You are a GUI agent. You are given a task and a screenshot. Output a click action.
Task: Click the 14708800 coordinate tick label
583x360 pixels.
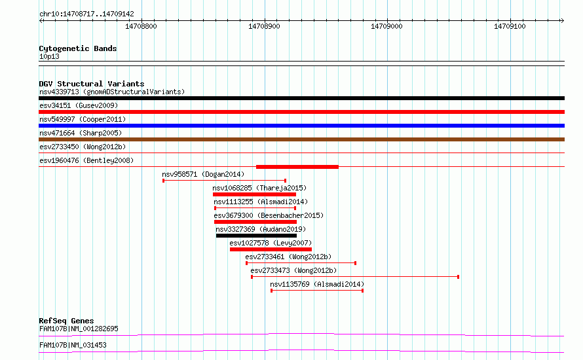(141, 26)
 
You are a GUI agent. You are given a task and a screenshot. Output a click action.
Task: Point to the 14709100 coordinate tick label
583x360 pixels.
(510, 26)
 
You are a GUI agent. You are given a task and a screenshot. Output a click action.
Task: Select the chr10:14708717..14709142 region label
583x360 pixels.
(86, 14)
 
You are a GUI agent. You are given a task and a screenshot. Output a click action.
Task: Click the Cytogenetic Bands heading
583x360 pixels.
(78, 48)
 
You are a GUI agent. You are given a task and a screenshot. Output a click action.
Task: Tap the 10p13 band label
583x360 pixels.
(49, 56)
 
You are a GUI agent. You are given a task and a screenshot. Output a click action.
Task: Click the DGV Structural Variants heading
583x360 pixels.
(92, 84)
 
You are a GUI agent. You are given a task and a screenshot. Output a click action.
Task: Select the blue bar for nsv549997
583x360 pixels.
(301, 126)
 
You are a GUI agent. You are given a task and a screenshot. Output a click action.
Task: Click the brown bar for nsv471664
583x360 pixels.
(301, 139)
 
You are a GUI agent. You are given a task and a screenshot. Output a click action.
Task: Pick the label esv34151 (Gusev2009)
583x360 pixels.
(79, 105)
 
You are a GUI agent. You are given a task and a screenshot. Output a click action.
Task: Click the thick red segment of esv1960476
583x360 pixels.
(297, 167)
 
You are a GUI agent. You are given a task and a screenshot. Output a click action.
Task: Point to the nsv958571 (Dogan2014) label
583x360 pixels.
(203, 174)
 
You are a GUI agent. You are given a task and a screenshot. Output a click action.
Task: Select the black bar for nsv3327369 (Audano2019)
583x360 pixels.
(257, 236)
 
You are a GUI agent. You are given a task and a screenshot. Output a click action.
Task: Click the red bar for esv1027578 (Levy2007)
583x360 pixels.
(271, 249)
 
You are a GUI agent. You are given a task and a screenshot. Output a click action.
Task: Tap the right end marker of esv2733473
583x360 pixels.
(458, 277)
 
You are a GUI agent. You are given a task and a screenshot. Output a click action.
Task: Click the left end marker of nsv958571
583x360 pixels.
(163, 181)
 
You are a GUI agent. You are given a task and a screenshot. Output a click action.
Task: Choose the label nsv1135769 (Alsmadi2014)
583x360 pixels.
(317, 284)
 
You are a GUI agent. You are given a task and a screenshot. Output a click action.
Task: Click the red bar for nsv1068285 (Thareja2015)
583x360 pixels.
(254, 194)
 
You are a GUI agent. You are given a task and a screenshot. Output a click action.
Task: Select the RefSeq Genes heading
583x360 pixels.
(67, 321)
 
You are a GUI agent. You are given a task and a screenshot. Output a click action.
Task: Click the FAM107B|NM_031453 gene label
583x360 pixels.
(73, 345)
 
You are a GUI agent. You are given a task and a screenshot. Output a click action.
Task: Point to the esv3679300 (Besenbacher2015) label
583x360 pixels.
(269, 215)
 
